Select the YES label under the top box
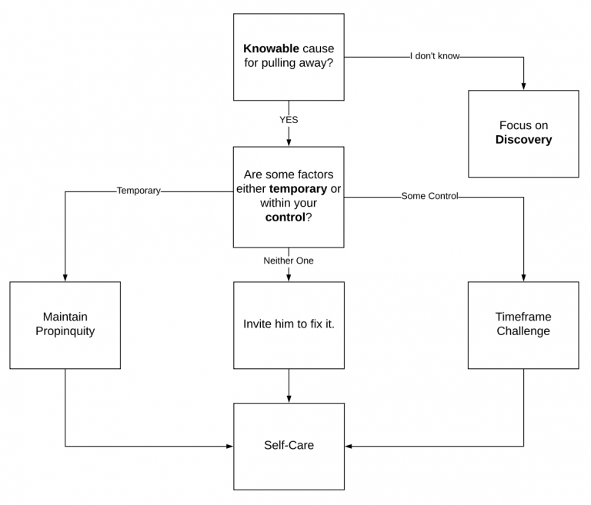pyautogui.click(x=289, y=120)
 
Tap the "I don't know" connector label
pyautogui.click(x=436, y=56)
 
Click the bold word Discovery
pyautogui.click(x=523, y=140)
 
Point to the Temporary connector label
pyautogui.click(x=139, y=191)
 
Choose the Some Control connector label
pyautogui.click(x=429, y=196)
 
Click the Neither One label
pyautogui.click(x=289, y=261)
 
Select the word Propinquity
pyautogui.click(x=65, y=331)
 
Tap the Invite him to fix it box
pyautogui.click(x=289, y=324)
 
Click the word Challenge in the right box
pyautogui.click(x=523, y=331)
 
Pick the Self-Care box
pyautogui.click(x=289, y=445)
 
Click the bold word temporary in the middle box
pyautogui.click(x=298, y=188)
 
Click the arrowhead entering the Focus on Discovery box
pyautogui.click(x=523, y=86)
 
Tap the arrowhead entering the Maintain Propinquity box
pyautogui.click(x=65, y=277)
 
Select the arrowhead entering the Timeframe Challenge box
pyautogui.click(x=523, y=277)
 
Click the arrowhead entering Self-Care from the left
pyautogui.click(x=229, y=446)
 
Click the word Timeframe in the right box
pyautogui.click(x=523, y=317)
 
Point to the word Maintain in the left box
pyautogui.click(x=65, y=317)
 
